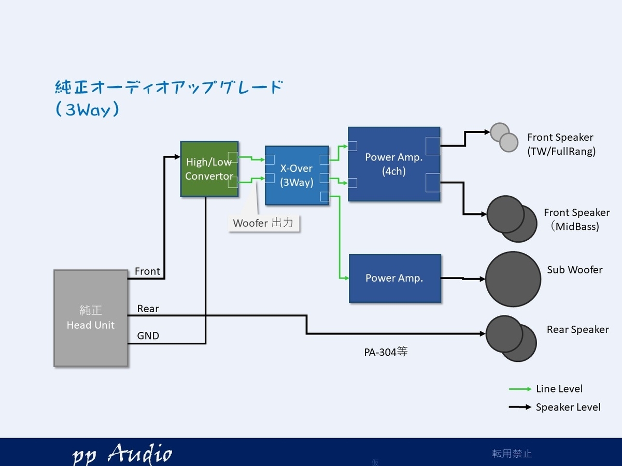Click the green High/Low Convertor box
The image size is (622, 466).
tap(209, 169)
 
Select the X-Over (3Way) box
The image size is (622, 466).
tap(296, 176)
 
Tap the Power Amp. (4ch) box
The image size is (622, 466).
tap(394, 164)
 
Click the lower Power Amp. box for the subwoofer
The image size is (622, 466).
tap(395, 279)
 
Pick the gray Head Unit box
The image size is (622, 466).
tap(91, 318)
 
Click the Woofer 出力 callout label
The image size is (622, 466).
tap(263, 223)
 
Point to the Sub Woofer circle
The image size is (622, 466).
tap(513, 279)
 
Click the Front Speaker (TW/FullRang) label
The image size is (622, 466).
tap(561, 144)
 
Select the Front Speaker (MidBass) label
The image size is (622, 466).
tap(576, 220)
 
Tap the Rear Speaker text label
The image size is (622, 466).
tap(577, 330)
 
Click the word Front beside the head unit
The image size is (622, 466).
tap(147, 271)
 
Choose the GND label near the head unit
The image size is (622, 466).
tap(148, 336)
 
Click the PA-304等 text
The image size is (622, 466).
tap(386, 352)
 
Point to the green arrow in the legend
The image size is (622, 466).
tap(520, 389)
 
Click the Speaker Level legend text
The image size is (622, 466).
tap(568, 407)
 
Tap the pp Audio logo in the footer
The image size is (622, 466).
tap(122, 454)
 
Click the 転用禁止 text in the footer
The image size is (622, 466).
tap(512, 454)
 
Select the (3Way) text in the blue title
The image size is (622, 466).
tap(87, 109)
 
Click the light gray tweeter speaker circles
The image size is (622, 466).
tap(504, 138)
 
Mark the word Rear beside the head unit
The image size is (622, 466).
tap(148, 309)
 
